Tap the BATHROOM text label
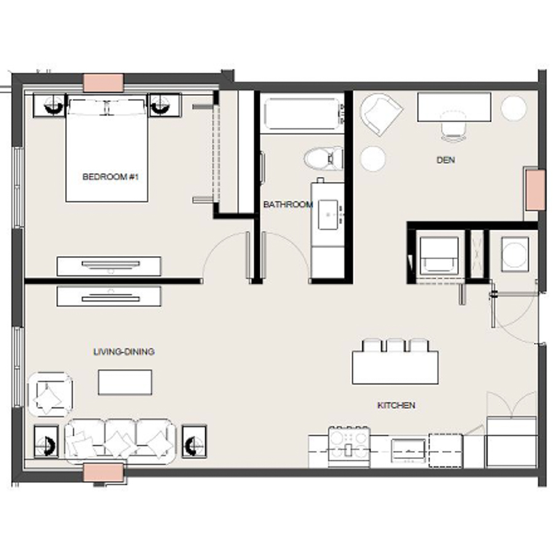coord(288,205)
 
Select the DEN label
coord(445,160)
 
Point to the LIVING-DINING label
coord(124,352)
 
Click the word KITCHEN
coord(396,406)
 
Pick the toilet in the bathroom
coord(324,158)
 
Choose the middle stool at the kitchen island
coord(395,345)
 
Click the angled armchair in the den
coord(381,114)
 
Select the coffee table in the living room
coord(125,382)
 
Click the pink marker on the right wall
coord(535,190)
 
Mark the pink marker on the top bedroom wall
coord(103,82)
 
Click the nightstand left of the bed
coord(49,104)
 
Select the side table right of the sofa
coord(194,441)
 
